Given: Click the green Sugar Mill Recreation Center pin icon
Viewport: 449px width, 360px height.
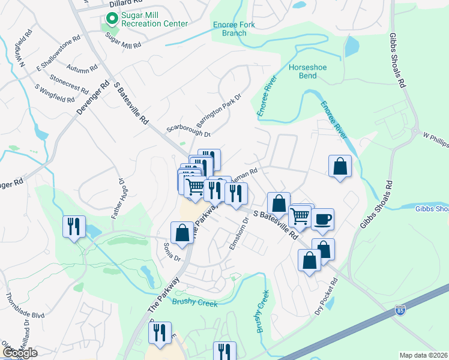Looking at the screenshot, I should (x=110, y=19).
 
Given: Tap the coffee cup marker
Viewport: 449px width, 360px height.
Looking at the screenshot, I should (x=322, y=220).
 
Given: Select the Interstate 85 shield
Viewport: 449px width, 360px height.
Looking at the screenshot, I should (x=400, y=311).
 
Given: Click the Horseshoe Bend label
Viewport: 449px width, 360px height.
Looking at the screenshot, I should (x=307, y=72).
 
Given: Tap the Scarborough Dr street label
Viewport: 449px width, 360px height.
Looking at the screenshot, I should (x=189, y=132).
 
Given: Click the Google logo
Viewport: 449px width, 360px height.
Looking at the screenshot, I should (x=20, y=353).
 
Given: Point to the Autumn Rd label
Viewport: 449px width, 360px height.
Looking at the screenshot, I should (x=83, y=67).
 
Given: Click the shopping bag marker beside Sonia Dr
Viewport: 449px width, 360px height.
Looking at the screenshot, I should (x=182, y=233).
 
